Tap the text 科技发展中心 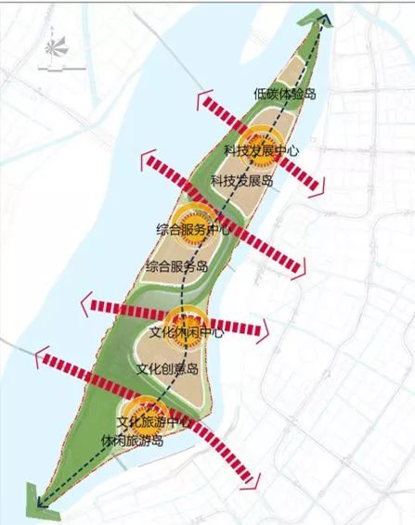tap(261, 151)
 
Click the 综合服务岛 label tap(176, 266)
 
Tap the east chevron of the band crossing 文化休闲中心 tap(265, 328)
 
